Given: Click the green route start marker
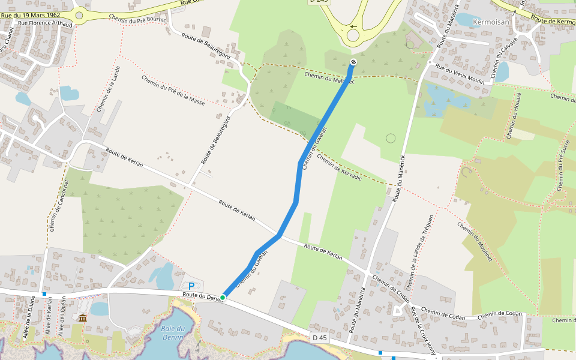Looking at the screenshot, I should [223, 298].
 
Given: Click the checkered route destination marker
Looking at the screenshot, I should [353, 62].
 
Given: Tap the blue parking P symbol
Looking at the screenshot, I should [191, 287].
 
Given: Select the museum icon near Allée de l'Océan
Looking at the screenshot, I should [82, 317].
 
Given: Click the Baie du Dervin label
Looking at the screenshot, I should [173, 332].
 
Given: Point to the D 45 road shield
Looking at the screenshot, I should [320, 338].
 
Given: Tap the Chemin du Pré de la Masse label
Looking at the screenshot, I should [173, 90].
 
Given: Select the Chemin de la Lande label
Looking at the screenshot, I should [109, 89].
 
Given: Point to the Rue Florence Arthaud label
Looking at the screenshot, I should [46, 24].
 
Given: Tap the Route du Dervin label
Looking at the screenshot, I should [202, 296].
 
